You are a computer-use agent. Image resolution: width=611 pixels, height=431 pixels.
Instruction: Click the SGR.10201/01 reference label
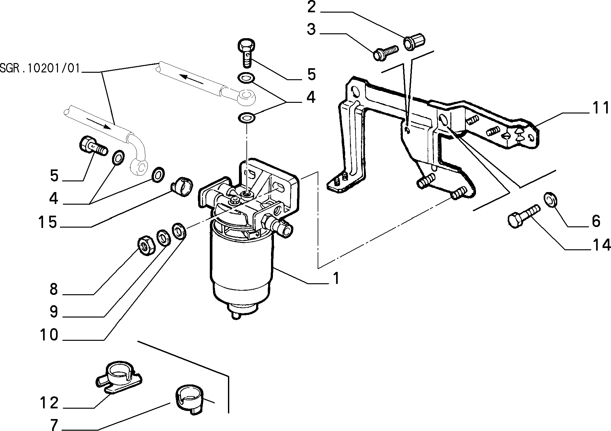point(40,69)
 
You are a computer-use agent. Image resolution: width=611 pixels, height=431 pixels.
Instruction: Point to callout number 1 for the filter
point(336,278)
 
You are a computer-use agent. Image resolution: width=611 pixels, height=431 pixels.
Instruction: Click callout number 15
point(48,222)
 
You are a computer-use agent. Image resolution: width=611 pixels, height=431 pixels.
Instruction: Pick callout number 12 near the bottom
point(49,403)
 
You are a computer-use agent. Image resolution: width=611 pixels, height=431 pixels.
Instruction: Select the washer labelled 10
point(179,231)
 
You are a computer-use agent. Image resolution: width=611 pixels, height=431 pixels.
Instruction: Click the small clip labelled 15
point(182,186)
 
